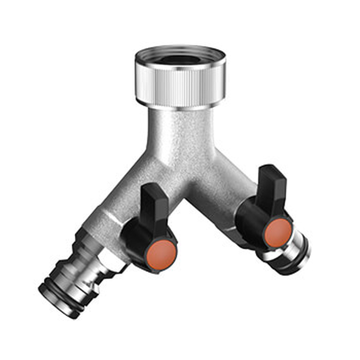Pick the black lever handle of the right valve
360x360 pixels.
pos(272,184)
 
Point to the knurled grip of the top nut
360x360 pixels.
pos(180,85)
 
